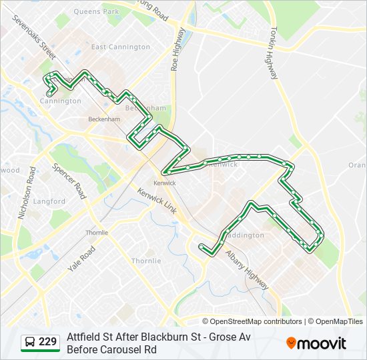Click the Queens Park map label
(x=96, y=11)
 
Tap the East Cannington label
(x=121, y=47)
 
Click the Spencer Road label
(x=70, y=181)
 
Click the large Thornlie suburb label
(x=145, y=261)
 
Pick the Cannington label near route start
(x=60, y=101)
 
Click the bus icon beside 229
(x=30, y=343)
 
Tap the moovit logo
(x=316, y=343)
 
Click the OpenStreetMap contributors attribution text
(x=256, y=321)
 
